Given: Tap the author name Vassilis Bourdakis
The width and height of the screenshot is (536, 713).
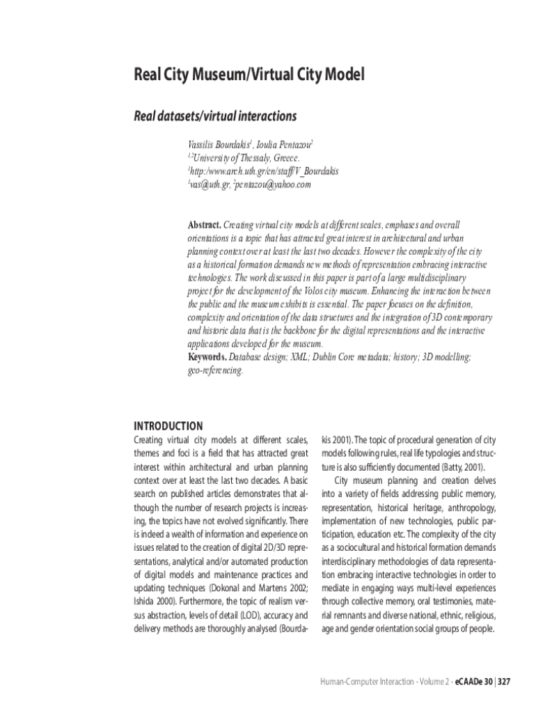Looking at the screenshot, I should coord(219,146).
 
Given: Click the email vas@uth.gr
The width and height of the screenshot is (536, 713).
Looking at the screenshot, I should coord(208,185).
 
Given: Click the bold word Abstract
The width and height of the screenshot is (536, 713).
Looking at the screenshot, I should coord(204,225).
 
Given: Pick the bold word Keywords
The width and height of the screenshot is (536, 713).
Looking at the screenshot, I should coord(207,357).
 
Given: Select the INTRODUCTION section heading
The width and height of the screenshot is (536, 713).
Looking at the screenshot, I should coord(168,426).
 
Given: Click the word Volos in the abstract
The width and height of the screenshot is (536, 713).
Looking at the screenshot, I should coord(340,291).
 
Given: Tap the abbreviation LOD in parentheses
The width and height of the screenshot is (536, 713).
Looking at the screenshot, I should coord(243,615).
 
